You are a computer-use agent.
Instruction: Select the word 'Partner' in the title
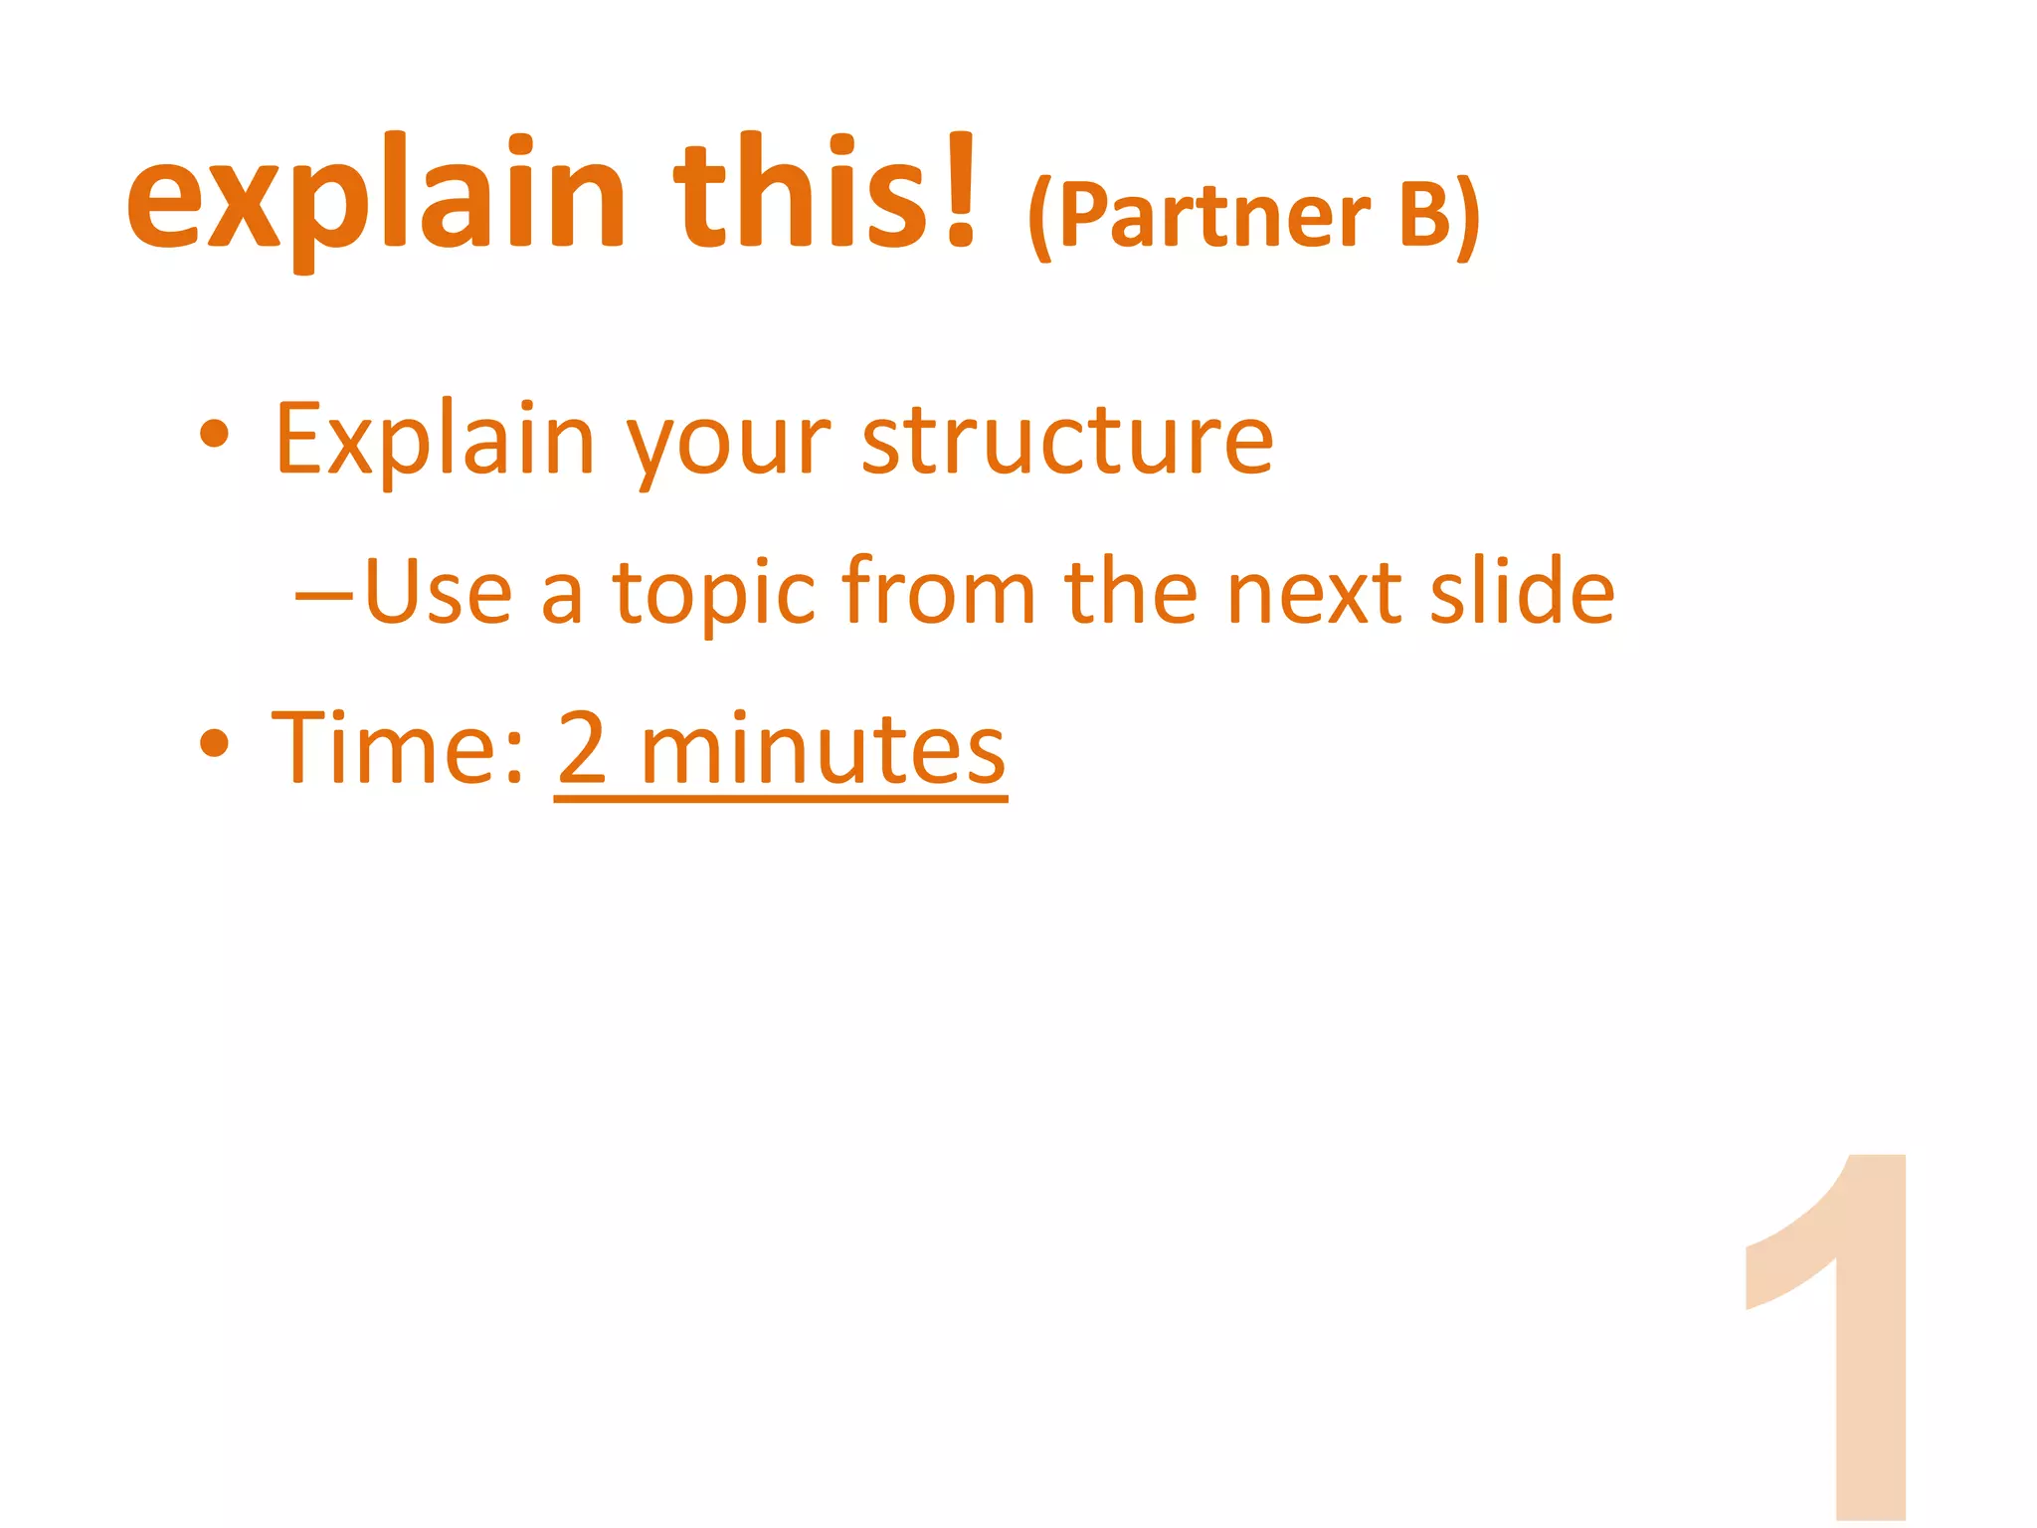tap(1213, 215)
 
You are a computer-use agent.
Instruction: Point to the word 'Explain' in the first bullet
tap(435, 440)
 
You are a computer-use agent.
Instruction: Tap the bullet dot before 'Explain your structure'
tap(215, 434)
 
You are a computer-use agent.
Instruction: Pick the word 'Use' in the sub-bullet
tap(439, 592)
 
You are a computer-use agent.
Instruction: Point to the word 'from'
tap(940, 591)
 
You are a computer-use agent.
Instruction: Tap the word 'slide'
tap(1522, 591)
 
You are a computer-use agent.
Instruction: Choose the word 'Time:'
tap(398, 748)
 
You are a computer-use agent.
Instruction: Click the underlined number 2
tap(583, 748)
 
